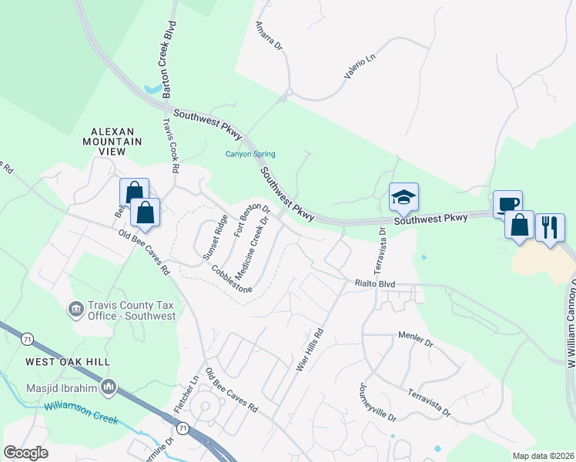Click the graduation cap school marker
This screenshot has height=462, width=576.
click(x=404, y=198)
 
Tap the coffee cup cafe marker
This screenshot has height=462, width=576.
click(x=507, y=204)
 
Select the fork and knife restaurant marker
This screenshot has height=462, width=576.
click(x=550, y=227)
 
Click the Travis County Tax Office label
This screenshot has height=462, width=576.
click(x=133, y=310)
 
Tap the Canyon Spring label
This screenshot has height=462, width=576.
click(x=249, y=154)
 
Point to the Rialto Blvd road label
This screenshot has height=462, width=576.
click(x=375, y=284)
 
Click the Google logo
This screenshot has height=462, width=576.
click(x=26, y=453)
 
